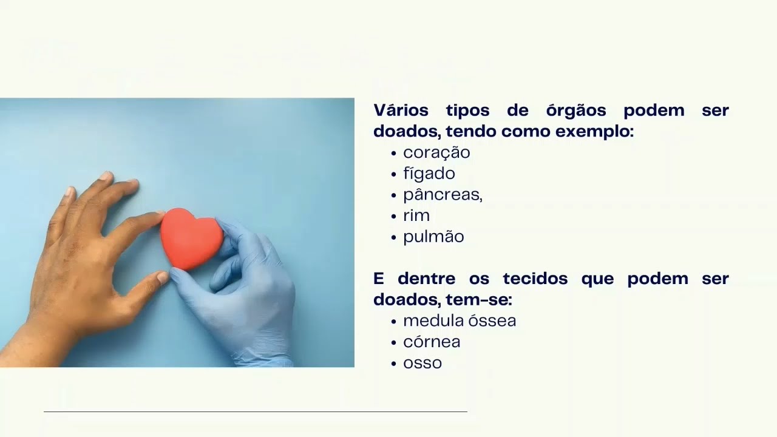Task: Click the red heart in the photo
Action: pyautogui.click(x=191, y=239)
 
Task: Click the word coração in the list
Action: pyautogui.click(x=436, y=152)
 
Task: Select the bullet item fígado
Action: pyautogui.click(x=429, y=174)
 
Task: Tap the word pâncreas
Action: pyautogui.click(x=442, y=195)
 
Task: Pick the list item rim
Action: pyautogui.click(x=416, y=215)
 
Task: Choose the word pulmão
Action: pyautogui.click(x=433, y=237)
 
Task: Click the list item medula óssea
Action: pyautogui.click(x=460, y=320)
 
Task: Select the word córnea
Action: pyautogui.click(x=432, y=342)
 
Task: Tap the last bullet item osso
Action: pyautogui.click(x=422, y=363)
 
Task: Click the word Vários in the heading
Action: pyautogui.click(x=401, y=110)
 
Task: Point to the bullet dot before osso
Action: pyautogui.click(x=395, y=364)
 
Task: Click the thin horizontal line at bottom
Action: pyautogui.click(x=255, y=412)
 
